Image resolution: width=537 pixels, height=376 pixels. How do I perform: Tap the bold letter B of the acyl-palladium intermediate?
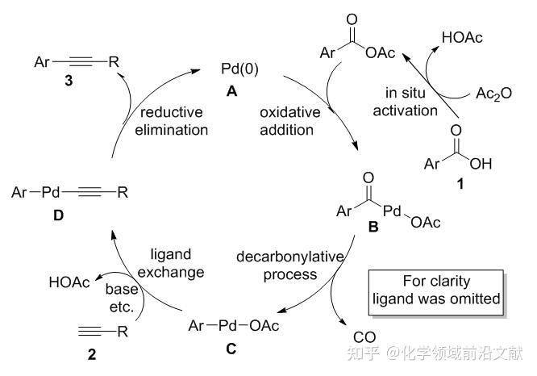coord(373,228)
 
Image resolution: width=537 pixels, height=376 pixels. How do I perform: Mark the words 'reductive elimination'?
coord(173,121)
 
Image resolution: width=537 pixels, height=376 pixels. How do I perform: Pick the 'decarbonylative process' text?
coord(290,265)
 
